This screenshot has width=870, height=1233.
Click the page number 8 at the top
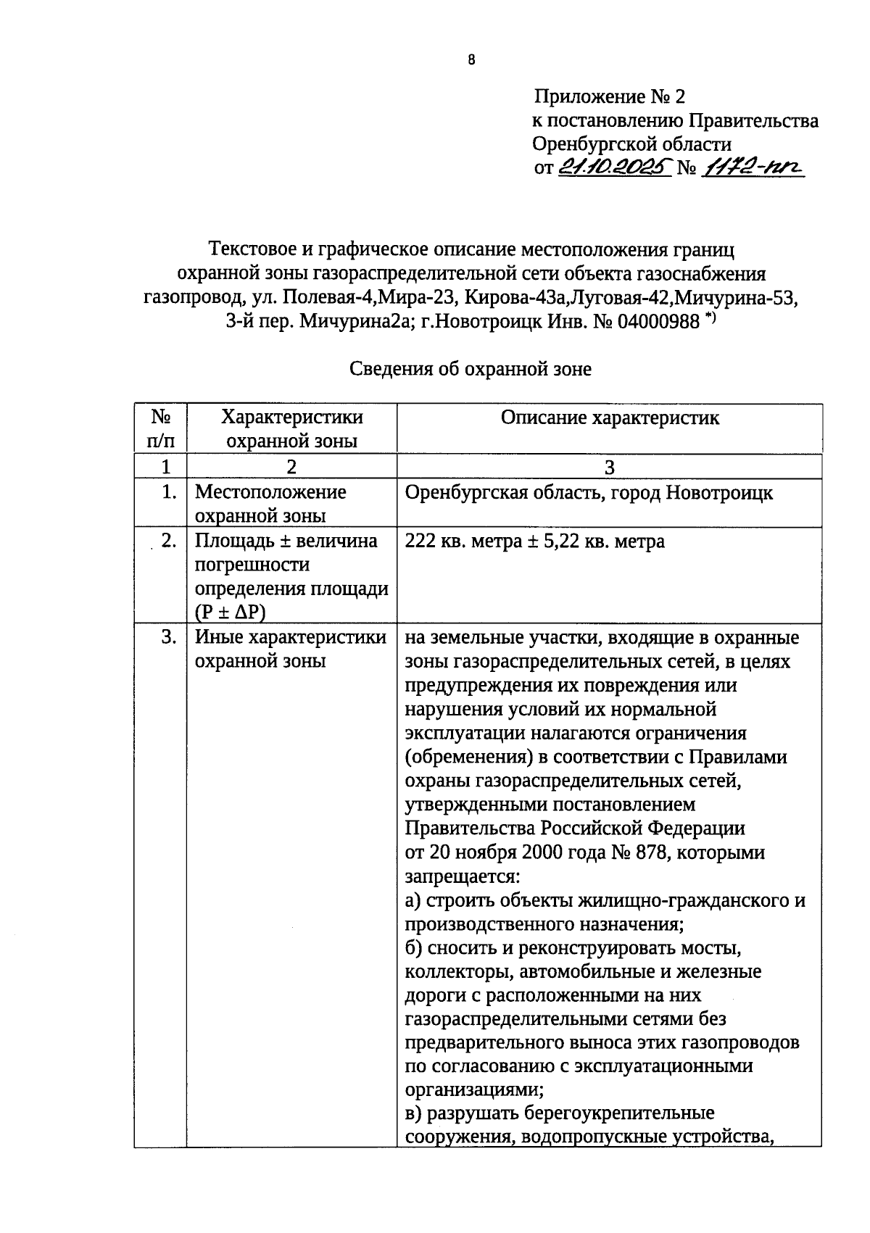(471, 61)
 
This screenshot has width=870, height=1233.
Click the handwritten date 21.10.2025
(614, 167)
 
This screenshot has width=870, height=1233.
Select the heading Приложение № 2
(609, 96)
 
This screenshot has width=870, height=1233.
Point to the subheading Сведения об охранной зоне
(471, 369)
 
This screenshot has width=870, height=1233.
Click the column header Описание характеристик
(610, 418)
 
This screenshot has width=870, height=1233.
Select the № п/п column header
(160, 428)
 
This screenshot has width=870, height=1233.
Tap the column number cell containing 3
(610, 467)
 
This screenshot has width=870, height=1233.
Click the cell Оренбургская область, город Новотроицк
(589, 493)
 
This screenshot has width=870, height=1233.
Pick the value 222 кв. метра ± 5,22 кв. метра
(534, 541)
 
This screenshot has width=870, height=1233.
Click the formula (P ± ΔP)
(230, 613)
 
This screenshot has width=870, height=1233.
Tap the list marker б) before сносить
(414, 948)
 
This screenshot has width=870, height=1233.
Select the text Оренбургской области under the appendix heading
(631, 144)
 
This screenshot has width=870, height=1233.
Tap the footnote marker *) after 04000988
(710, 316)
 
